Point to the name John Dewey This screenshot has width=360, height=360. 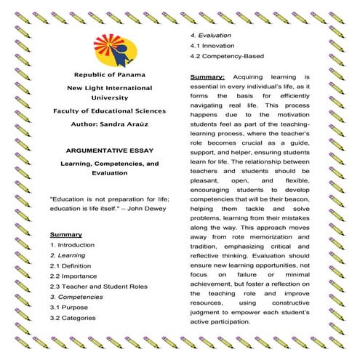(145, 209)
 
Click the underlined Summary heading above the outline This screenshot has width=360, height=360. (65, 235)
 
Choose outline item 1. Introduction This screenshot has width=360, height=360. (73, 245)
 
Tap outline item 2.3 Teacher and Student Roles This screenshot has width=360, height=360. (99, 287)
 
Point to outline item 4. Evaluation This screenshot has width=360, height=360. (211, 35)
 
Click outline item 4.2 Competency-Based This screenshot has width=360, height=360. (227, 55)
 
